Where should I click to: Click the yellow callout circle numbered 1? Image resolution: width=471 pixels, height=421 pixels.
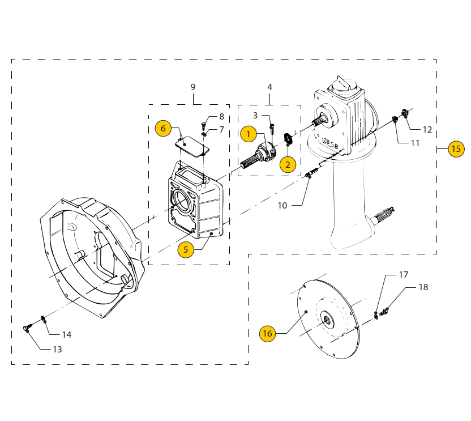click(x=248, y=134)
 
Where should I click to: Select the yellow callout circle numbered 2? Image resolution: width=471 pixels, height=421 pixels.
click(x=288, y=164)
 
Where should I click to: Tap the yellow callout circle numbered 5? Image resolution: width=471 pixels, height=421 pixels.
click(x=186, y=249)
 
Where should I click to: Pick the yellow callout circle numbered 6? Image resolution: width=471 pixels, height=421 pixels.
click(x=163, y=128)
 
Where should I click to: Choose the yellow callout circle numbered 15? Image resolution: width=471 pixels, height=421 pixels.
click(x=456, y=149)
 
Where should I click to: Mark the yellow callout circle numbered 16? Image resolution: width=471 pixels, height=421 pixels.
click(x=267, y=334)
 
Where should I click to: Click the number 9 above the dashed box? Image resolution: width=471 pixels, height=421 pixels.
click(x=193, y=87)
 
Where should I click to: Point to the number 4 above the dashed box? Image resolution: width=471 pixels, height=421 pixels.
click(x=269, y=87)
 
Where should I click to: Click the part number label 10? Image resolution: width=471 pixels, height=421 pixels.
click(x=282, y=205)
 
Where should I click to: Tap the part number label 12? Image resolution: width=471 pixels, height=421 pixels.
click(x=427, y=129)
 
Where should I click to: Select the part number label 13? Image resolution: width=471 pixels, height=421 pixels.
click(x=57, y=349)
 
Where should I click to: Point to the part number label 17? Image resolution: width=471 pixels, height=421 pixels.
click(x=403, y=275)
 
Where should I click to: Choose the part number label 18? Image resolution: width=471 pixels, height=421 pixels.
click(x=423, y=287)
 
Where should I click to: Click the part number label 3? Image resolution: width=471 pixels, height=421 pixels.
click(x=255, y=115)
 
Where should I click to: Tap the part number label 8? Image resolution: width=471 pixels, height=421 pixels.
click(x=221, y=117)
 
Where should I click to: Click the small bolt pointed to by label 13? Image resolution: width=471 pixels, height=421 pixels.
click(x=28, y=328)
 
